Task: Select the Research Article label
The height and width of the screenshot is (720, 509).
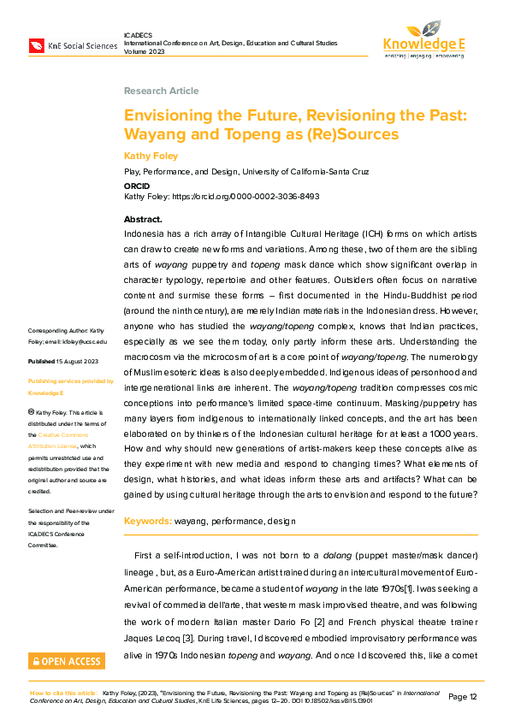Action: point(161,91)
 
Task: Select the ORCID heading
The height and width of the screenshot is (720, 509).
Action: point(137,184)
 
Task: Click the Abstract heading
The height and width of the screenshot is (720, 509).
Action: point(143,220)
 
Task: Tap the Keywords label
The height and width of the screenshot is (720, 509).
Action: point(148,521)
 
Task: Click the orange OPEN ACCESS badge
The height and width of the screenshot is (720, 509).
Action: point(67,661)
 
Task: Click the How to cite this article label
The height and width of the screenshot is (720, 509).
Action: point(63,693)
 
